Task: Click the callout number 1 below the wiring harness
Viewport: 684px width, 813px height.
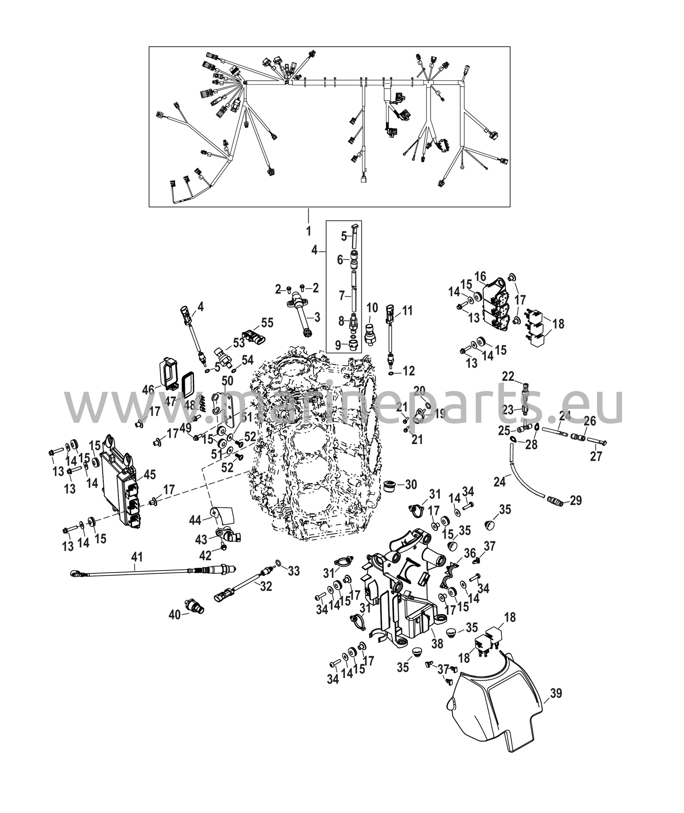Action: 308,231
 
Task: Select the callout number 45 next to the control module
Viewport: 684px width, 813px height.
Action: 150,474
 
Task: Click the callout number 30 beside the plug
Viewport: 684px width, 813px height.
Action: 411,484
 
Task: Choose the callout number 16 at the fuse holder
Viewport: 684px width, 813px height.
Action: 480,275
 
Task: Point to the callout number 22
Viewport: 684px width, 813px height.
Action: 508,376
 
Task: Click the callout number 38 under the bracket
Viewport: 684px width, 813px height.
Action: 437,643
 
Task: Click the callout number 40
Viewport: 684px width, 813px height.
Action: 174,626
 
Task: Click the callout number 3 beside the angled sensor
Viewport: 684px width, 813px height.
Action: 317,317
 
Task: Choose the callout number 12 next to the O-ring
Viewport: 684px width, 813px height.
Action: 408,371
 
